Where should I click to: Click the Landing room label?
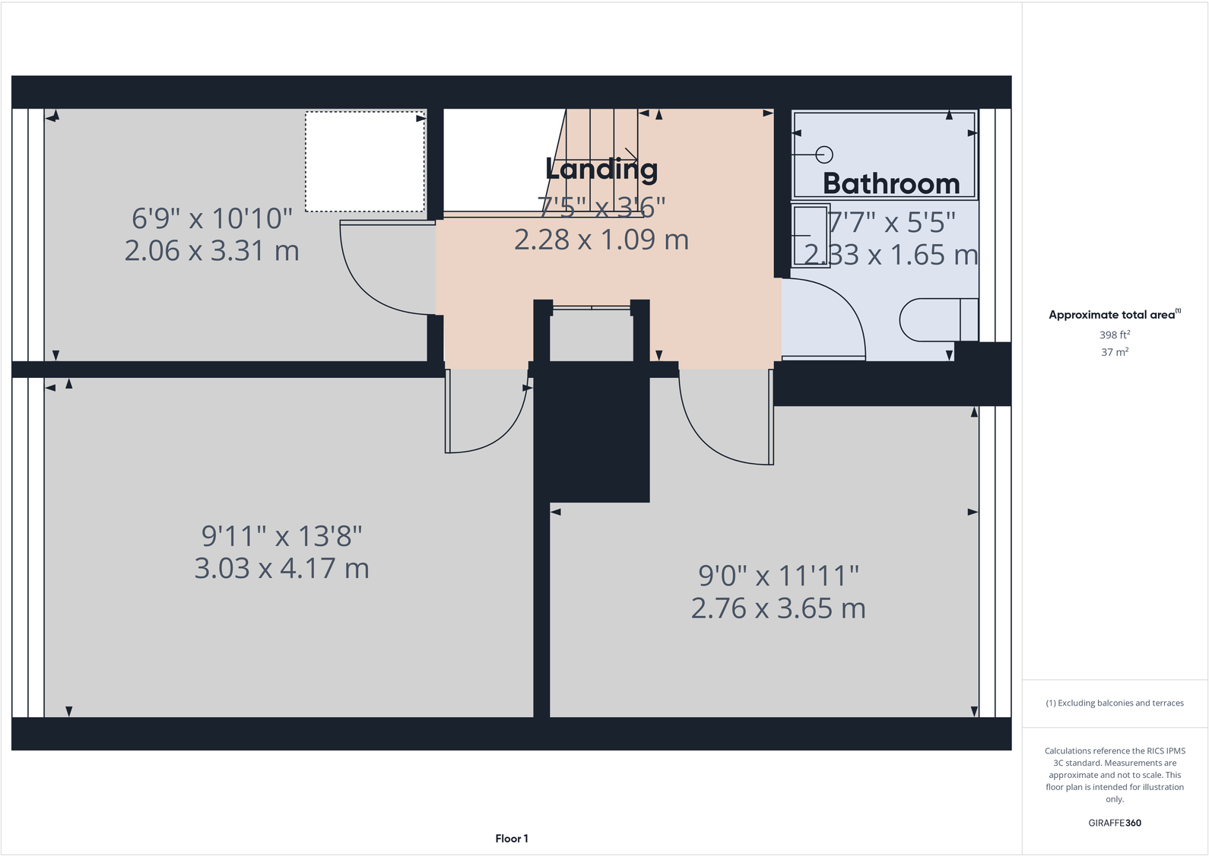(601, 170)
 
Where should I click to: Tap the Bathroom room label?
(891, 184)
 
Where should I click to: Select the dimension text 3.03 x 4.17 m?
(281, 569)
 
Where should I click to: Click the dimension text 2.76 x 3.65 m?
(778, 608)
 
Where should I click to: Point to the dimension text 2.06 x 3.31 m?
(211, 251)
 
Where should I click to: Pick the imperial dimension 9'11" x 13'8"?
(281, 536)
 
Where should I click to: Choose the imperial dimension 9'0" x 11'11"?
(778, 576)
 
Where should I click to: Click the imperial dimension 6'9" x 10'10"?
(211, 219)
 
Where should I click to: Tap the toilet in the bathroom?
(938, 320)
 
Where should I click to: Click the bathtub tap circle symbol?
(824, 154)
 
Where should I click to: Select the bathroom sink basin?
(811, 236)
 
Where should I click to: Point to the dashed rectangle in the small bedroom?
(365, 162)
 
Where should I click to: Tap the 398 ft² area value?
(1115, 335)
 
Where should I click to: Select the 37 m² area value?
(1115, 352)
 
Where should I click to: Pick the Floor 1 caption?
(512, 839)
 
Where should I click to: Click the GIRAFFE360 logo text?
(1115, 823)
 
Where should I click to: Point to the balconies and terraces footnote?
(1115, 703)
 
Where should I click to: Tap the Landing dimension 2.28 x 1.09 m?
(601, 240)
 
